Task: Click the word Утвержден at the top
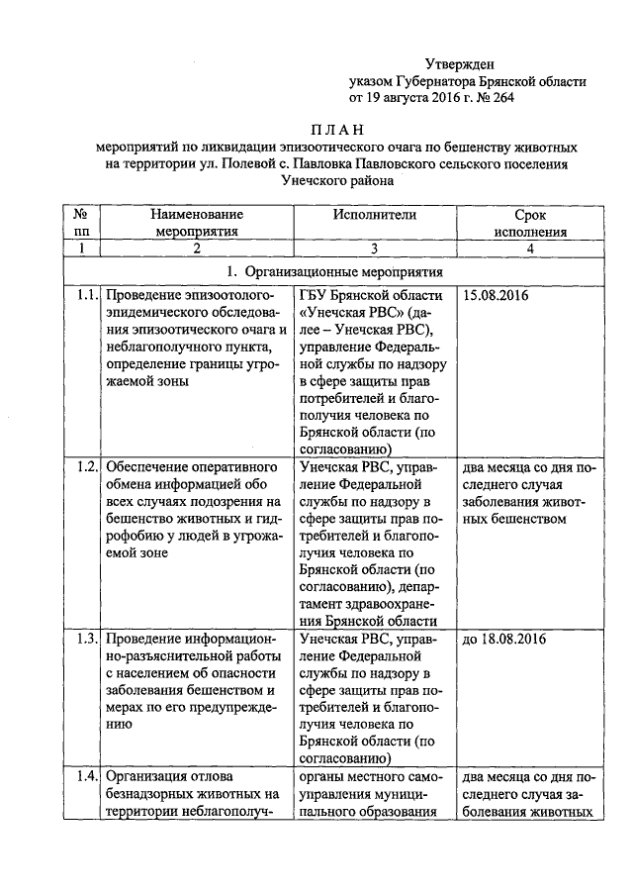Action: [460, 64]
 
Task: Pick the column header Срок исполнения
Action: [530, 223]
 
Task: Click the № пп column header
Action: [83, 223]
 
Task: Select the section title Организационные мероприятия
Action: [342, 271]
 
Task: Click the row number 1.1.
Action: [84, 296]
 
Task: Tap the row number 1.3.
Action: [84, 640]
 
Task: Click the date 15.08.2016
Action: [496, 296]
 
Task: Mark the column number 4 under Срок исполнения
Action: [530, 249]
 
